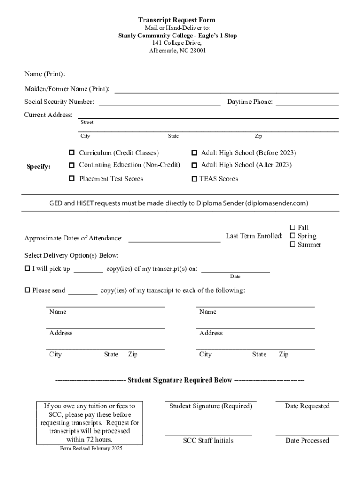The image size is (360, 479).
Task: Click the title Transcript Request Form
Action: point(176,20)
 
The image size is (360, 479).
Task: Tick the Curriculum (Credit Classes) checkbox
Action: point(72,153)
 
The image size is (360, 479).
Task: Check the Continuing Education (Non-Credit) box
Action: point(72,165)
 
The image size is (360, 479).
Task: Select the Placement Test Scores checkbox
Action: point(72,179)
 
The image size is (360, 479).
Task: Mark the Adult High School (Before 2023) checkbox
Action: point(194,153)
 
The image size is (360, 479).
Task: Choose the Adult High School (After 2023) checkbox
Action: point(194,165)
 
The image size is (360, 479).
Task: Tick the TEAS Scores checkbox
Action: point(194,179)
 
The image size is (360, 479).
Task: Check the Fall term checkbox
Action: point(293,228)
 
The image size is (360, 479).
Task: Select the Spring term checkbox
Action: point(293,236)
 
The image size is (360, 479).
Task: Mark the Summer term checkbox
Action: point(293,244)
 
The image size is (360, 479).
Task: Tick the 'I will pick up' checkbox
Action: point(27,269)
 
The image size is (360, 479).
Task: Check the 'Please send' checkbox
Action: point(27,290)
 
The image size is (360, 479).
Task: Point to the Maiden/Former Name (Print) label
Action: point(67,89)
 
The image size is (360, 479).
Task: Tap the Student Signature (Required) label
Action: point(210,406)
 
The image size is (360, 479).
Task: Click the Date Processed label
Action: point(307,440)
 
